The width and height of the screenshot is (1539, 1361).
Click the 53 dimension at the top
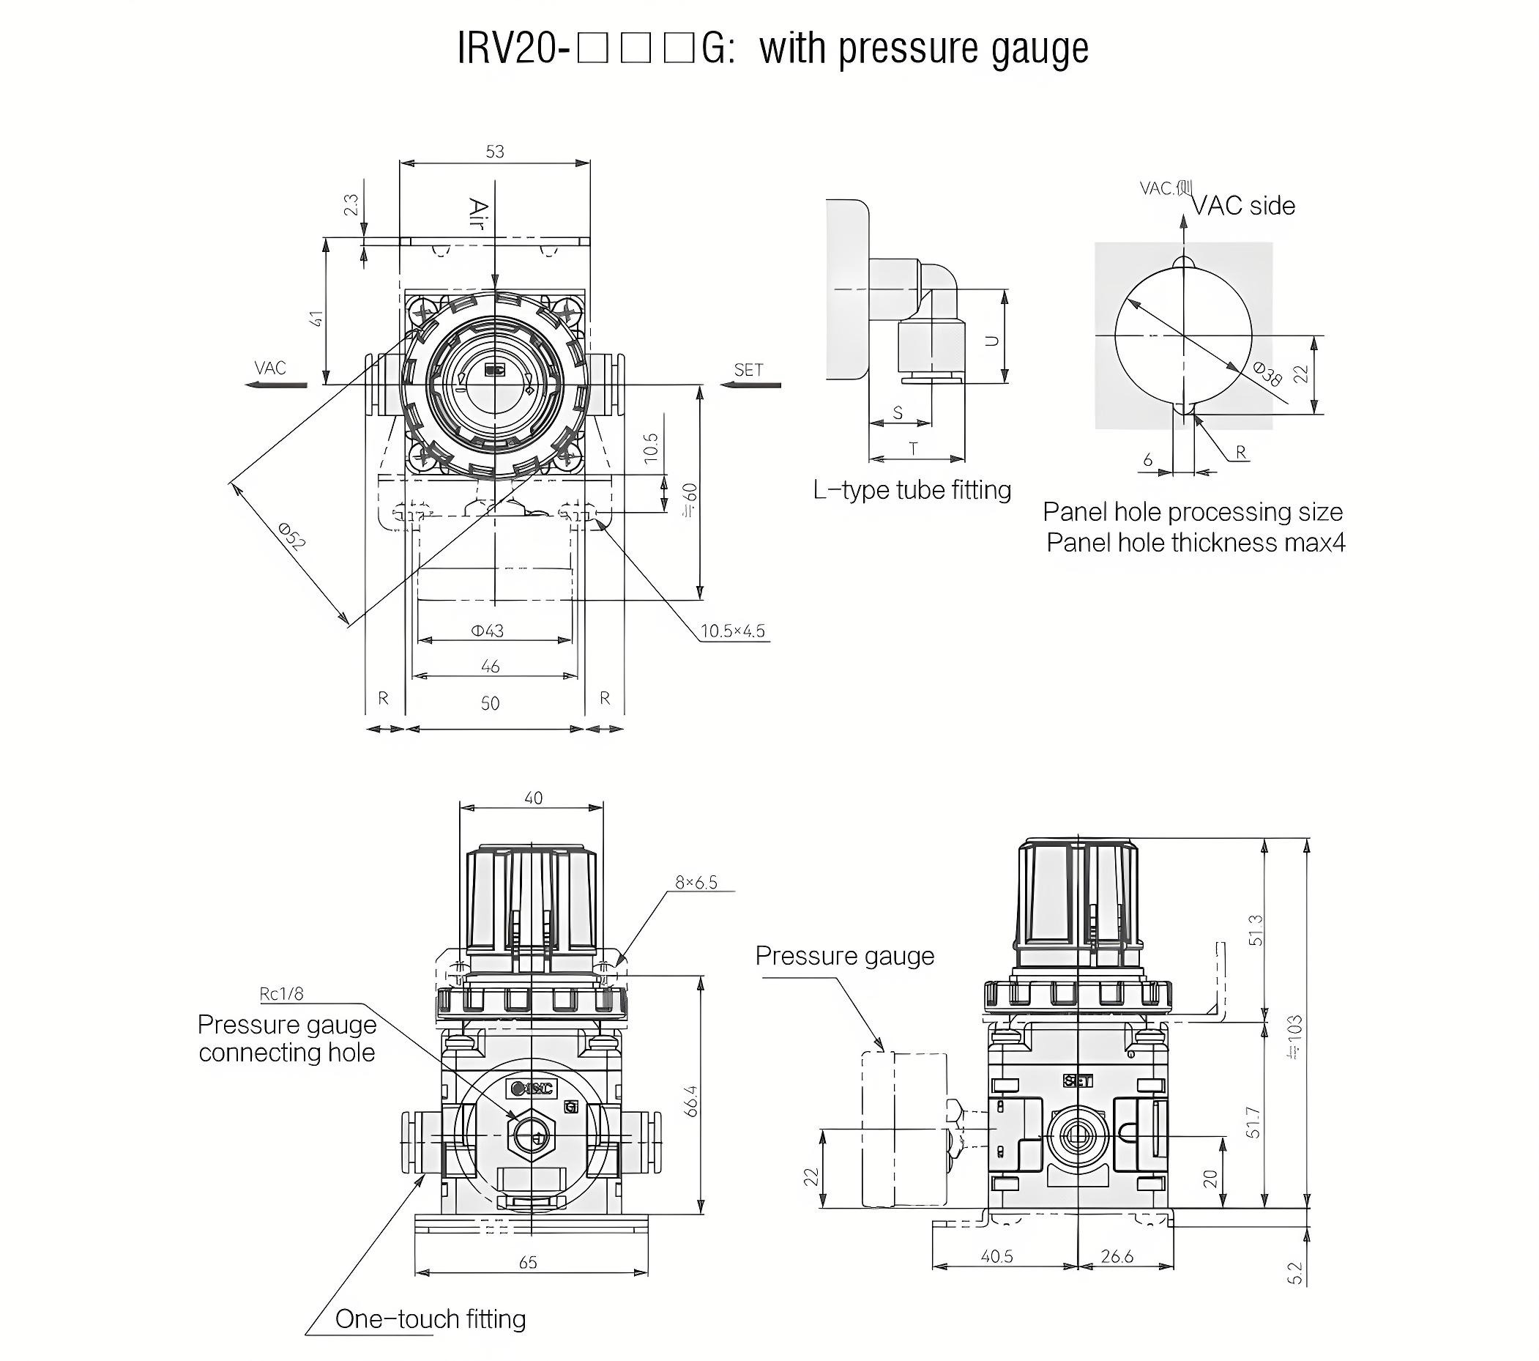point(495,152)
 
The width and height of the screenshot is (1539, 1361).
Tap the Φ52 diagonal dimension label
point(292,537)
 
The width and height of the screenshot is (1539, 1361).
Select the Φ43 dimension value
point(487,631)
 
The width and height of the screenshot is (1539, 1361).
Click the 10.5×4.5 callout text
point(733,631)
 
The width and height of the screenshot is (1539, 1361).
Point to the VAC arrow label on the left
point(270,368)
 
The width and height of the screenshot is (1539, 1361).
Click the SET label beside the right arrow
point(748,370)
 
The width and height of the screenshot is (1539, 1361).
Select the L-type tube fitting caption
point(912,490)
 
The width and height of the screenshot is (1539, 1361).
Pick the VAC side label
point(1243,206)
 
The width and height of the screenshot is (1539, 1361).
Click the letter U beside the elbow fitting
point(992,341)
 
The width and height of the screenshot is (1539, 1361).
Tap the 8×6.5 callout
point(696,882)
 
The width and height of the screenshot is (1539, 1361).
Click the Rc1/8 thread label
point(282,994)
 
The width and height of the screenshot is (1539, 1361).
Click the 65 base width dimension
point(528,1261)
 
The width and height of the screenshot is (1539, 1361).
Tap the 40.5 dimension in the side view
point(997,1256)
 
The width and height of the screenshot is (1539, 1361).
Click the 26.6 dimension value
point(1117,1256)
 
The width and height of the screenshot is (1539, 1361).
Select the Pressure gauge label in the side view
point(844,956)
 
